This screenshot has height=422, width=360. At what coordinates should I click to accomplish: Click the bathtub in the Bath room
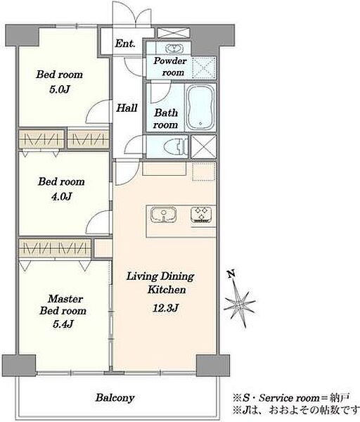point(200,108)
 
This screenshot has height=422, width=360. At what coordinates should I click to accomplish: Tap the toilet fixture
point(176,147)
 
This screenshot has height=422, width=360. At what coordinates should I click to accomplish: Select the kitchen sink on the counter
point(164,215)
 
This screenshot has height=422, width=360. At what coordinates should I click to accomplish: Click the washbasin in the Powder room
point(174,49)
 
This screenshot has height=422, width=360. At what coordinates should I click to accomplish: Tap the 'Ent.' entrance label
point(125,44)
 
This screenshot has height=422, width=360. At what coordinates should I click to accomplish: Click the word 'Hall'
point(127,108)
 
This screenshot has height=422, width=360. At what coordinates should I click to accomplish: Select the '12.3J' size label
point(165,307)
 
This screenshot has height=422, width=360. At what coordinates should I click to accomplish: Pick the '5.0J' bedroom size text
point(60,89)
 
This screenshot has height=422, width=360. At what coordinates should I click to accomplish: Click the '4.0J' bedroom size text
point(62,196)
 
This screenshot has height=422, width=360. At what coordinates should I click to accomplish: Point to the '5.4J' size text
point(63,324)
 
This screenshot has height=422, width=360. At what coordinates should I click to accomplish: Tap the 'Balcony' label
point(115,397)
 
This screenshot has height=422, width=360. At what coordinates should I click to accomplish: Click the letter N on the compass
point(231,274)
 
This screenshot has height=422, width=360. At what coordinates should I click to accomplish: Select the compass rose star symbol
point(240,304)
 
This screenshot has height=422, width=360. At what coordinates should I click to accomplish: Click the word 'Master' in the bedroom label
point(65,298)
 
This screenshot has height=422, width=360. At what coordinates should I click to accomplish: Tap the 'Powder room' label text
point(170,67)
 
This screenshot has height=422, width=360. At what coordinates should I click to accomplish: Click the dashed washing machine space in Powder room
point(204,68)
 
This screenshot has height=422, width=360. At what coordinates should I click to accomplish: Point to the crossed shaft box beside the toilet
point(203,147)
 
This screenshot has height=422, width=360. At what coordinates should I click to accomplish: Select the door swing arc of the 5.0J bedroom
point(97,112)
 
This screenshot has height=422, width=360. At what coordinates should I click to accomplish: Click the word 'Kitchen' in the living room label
point(167,290)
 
